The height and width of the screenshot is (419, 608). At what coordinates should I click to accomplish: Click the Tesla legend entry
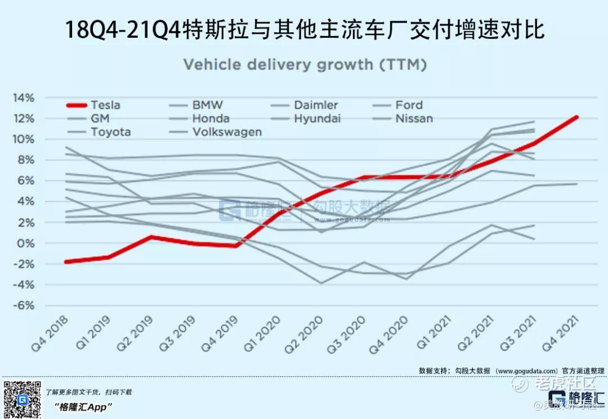pos(106,105)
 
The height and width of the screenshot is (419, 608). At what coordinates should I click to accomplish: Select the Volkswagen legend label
pos(227,132)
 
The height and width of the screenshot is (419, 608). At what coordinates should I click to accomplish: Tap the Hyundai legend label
pos(317,118)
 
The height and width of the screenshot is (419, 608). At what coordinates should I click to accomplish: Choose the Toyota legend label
pos(110,132)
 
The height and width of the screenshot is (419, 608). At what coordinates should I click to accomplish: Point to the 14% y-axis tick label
pos(24,98)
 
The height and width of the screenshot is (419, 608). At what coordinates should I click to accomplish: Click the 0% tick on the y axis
pos(26,244)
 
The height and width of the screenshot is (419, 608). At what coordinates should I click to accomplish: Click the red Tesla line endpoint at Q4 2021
pos(576,117)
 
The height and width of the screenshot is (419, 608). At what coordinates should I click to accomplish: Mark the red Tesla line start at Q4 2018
pos(66,262)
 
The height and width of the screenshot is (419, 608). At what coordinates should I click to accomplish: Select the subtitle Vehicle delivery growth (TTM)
pos(305,65)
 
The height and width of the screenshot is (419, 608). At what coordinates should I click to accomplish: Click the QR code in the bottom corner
pos(22,400)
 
